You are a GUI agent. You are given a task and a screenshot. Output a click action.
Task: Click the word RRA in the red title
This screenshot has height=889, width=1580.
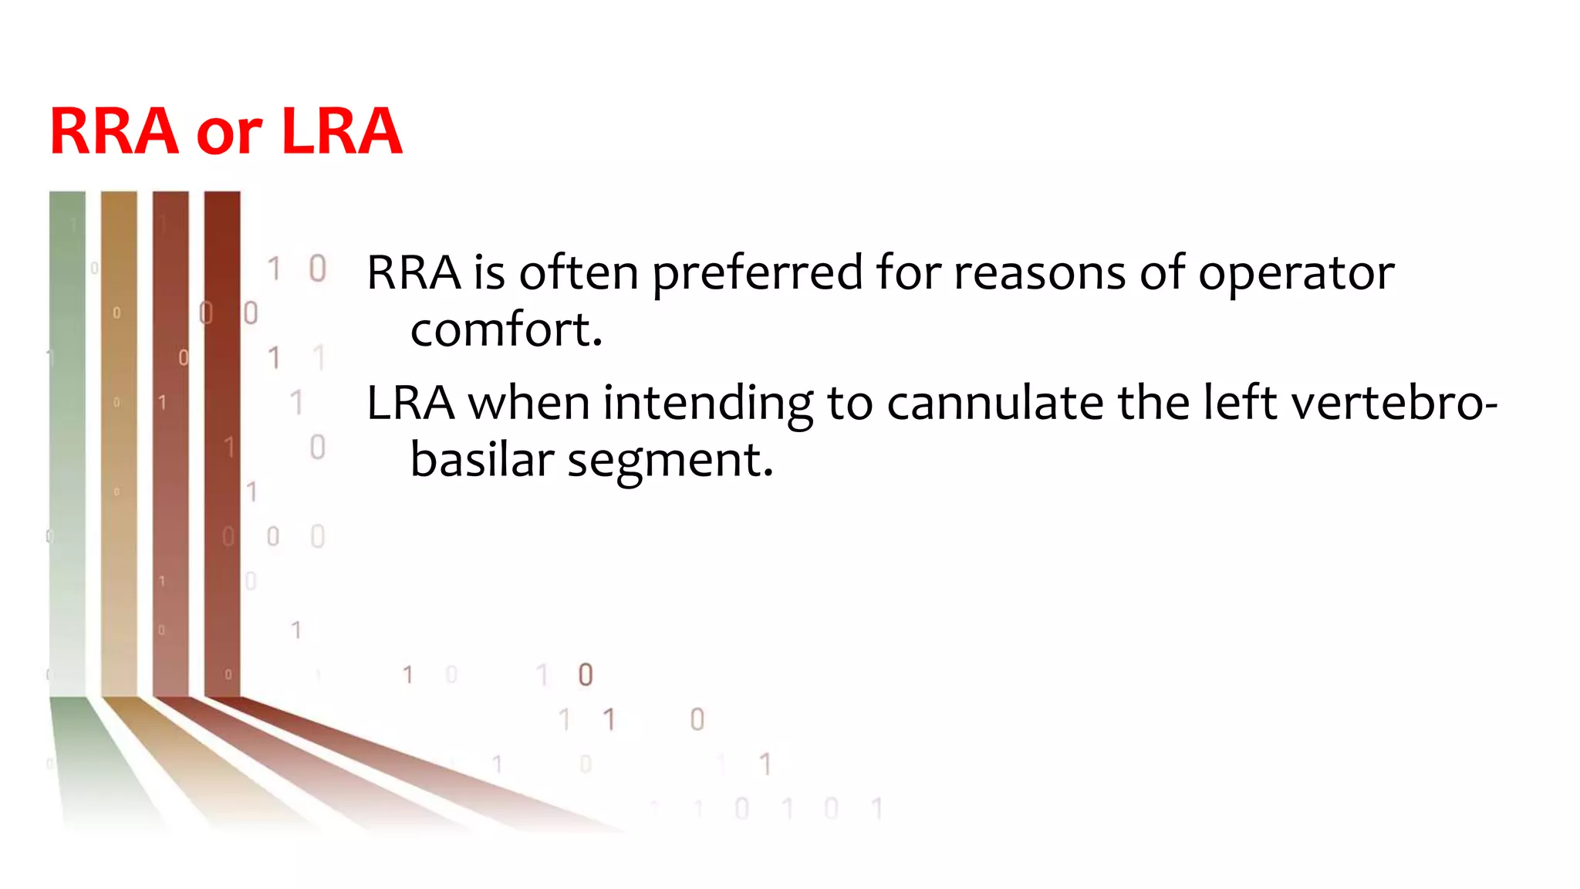[x=114, y=131]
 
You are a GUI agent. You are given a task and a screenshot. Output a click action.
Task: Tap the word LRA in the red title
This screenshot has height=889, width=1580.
[x=341, y=131]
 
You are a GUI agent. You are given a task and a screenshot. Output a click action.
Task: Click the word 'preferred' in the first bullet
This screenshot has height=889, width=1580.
[x=757, y=274]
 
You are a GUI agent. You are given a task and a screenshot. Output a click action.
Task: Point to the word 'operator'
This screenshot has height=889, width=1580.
[x=1296, y=274]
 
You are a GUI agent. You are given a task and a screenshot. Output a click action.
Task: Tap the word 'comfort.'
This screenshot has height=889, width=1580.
[x=506, y=330]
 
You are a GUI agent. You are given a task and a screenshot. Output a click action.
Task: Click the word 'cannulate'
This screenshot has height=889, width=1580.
[x=995, y=404]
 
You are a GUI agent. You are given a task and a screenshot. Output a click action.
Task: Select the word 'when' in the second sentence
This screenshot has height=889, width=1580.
[x=528, y=404]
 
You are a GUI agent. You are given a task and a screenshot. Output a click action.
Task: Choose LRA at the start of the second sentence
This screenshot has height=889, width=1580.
[x=410, y=404]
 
